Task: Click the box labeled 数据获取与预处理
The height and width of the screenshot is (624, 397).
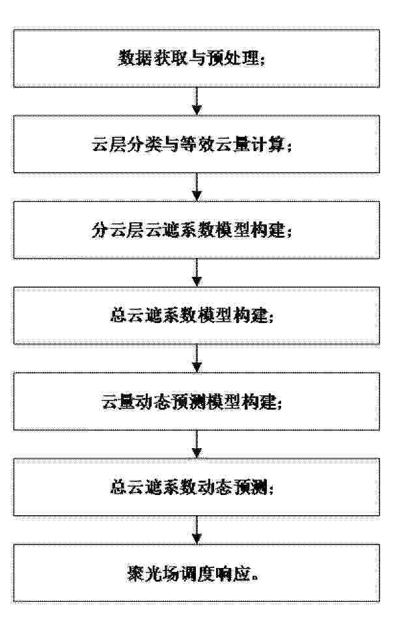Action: pos(197,58)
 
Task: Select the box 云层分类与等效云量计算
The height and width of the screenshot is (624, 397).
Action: pos(197,144)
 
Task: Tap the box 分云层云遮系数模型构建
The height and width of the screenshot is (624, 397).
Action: pos(197,230)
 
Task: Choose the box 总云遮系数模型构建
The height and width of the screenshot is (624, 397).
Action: pos(197,315)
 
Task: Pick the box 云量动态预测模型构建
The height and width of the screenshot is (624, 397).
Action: pos(197,401)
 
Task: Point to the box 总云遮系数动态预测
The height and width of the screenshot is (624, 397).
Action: pos(197,487)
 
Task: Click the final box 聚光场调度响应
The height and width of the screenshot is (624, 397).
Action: pos(197,573)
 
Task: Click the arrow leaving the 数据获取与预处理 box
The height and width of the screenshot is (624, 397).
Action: pos(197,101)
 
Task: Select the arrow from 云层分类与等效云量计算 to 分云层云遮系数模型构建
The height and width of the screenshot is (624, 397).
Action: pos(197,187)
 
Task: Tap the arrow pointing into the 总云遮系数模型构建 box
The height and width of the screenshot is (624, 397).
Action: pos(197,273)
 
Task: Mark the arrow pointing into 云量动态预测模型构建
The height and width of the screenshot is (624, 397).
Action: pos(197,358)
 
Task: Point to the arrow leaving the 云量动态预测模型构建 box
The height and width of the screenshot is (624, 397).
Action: pos(197,444)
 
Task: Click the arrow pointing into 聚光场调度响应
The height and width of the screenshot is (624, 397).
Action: pos(197,530)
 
